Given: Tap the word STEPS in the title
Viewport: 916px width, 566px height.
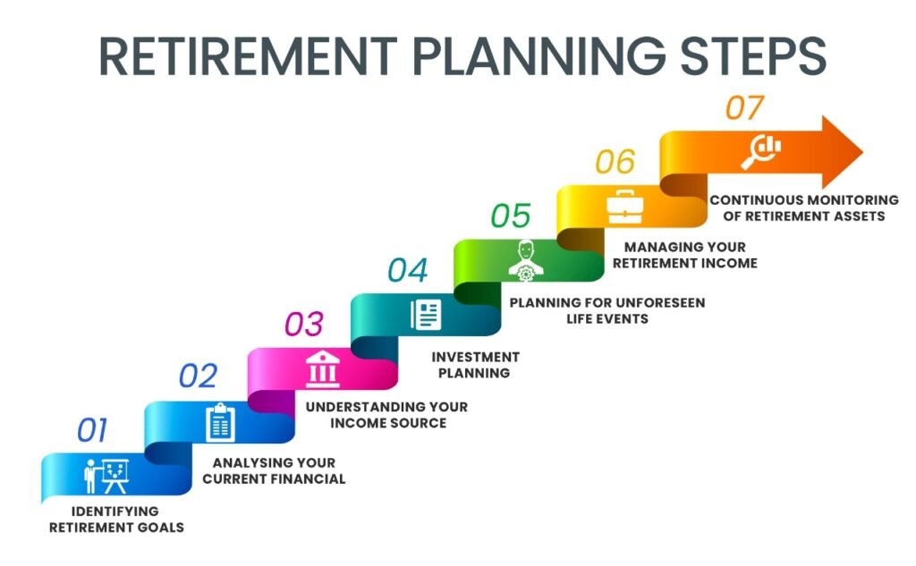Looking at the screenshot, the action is tap(753, 55).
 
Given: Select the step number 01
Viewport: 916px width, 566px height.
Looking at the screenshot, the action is tap(92, 430).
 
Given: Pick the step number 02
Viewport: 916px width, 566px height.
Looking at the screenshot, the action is tap(198, 376).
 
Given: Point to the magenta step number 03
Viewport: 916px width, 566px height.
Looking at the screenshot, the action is tap(304, 325).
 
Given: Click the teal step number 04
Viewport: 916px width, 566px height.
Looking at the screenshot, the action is tap(408, 270).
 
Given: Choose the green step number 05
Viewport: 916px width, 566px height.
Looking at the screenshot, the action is tap(511, 215).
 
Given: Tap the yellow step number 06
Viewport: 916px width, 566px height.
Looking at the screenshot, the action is tap(615, 162).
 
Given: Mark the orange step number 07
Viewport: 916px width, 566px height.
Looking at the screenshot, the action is tap(745, 108).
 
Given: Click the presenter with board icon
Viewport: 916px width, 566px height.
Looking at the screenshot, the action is tap(106, 476).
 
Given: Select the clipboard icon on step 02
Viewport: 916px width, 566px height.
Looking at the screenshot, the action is tap(220, 423).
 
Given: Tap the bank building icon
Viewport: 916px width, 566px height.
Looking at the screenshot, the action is tap(322, 369).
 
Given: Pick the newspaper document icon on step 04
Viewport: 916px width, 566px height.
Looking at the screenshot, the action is tap(426, 315).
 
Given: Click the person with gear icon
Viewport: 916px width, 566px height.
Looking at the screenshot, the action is tap(526, 261).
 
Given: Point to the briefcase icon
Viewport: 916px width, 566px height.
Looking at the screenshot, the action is tap(625, 207).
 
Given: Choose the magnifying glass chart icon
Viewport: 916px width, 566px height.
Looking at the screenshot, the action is tap(760, 151).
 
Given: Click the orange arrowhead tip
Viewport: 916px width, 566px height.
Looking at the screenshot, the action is tap(863, 152).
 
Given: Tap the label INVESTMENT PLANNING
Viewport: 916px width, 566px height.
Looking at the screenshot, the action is tap(475, 365).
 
